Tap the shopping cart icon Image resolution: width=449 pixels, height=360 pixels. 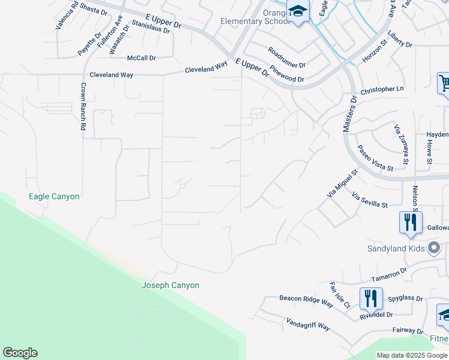[444, 84]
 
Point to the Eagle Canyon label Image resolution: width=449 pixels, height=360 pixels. [54, 196]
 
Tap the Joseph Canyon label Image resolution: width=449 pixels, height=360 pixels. [170, 286]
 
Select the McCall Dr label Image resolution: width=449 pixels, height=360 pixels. [142, 58]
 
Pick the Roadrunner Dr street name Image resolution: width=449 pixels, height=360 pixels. [287, 58]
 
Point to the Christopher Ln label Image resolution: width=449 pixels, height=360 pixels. [382, 90]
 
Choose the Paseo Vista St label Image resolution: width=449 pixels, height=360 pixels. [375, 157]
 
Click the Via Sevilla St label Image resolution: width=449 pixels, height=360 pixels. [370, 200]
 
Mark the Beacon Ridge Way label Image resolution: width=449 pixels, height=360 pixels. [306, 301]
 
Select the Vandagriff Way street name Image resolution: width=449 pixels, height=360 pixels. [308, 325]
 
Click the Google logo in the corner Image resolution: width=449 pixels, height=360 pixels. [20, 353]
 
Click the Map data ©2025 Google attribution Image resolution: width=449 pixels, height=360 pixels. [412, 355]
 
